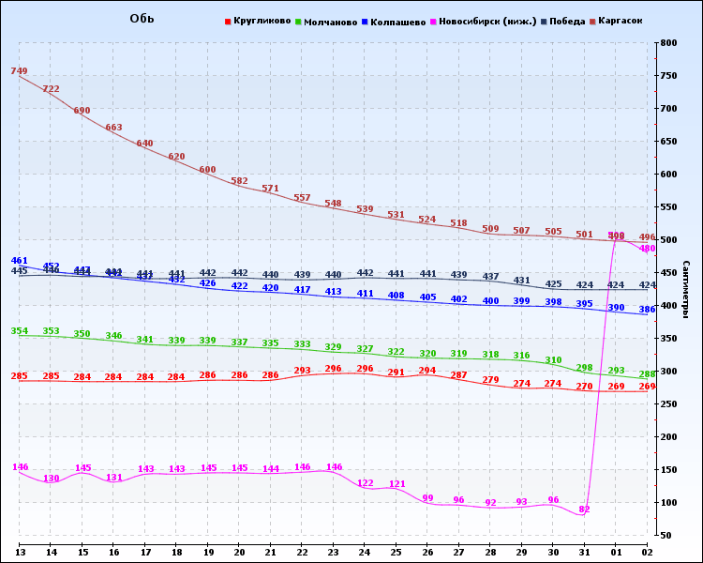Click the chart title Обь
(142, 20)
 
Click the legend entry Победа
(568, 22)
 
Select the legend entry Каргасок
(621, 22)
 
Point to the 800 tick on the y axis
(668, 43)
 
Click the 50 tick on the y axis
(666, 536)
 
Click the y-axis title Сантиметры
(687, 290)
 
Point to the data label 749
(19, 71)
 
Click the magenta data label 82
(584, 509)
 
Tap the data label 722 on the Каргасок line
(51, 89)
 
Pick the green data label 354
(19, 330)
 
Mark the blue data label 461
(19, 260)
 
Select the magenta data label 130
(51, 479)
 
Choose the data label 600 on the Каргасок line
(207, 170)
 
